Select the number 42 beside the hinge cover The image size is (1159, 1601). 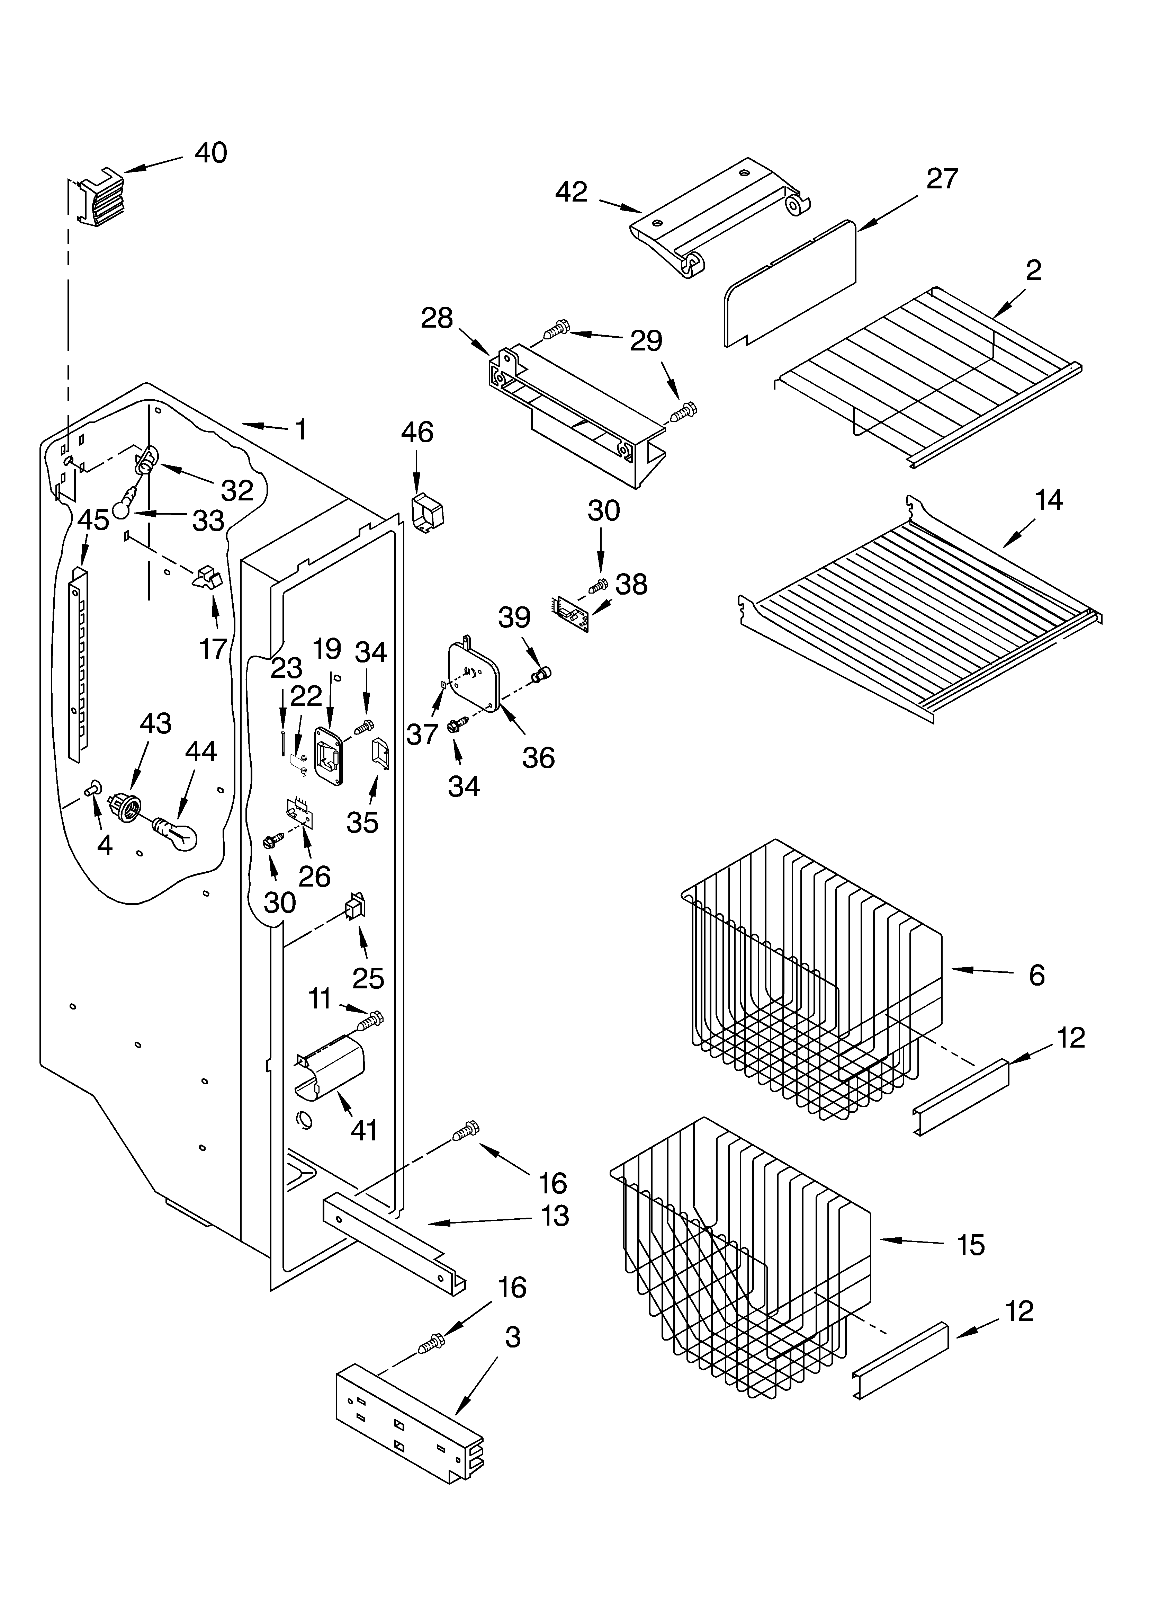[x=571, y=192]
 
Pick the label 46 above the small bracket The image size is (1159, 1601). [x=417, y=432]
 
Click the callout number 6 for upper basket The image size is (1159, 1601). [x=1036, y=975]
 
